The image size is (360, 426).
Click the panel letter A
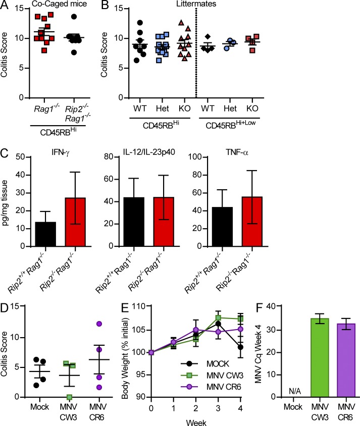click(7, 7)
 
